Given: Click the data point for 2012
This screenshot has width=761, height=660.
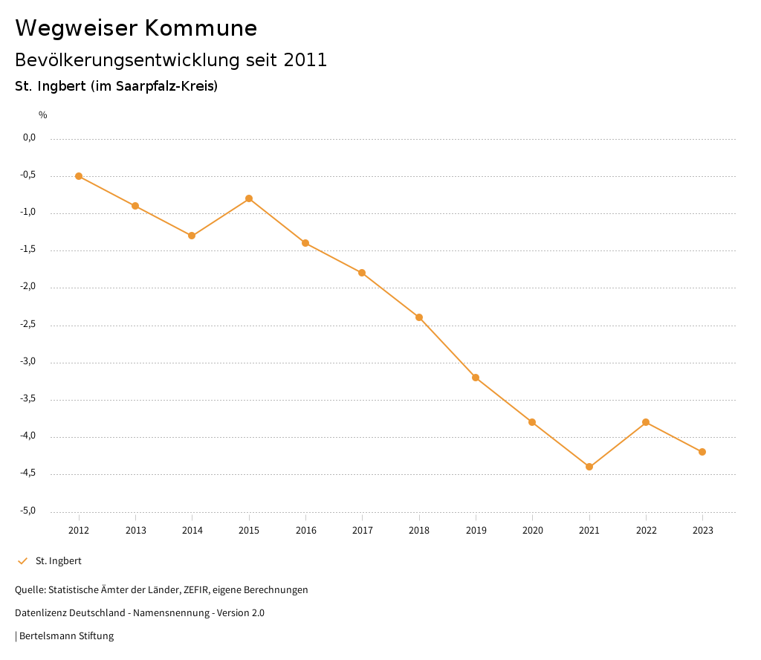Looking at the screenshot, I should point(79,176).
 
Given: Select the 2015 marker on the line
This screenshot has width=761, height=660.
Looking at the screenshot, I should point(249,198).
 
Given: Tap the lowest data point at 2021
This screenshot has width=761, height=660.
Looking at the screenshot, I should point(589,467).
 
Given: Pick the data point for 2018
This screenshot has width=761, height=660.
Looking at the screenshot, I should point(419,317).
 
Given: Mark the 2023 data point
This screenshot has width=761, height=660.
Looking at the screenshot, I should point(702,452).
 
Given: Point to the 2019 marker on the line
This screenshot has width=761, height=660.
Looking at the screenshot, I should point(476,378).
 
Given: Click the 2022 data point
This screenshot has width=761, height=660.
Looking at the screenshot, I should point(646,422).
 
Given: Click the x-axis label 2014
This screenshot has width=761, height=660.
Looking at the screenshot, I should point(192,531).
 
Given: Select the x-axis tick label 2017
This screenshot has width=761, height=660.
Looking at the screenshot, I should point(363,531).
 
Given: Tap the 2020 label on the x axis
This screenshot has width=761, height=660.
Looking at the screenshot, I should point(533,531).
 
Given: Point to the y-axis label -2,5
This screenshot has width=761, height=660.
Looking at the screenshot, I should point(29,324).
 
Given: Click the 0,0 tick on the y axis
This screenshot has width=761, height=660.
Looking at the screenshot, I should point(30,137).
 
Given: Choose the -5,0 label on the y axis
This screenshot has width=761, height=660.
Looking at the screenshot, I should point(29,511).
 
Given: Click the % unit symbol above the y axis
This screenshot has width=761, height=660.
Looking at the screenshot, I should point(43,115).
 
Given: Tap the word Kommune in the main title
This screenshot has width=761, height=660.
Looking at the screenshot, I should point(201,28).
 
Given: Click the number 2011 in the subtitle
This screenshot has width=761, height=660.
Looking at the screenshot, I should point(305,60).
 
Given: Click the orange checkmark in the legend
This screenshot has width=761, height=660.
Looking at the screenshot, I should point(22,561).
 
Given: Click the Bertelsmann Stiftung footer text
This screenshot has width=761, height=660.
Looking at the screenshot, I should point(66,636).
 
